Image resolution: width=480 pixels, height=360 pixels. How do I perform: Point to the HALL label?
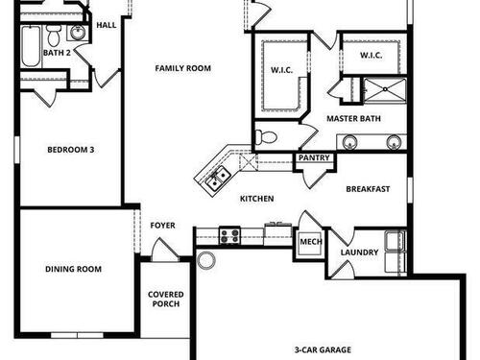(107, 24)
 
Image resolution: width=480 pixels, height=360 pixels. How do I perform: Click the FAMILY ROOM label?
(183, 68)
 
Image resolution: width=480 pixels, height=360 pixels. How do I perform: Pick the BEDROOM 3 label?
(71, 150)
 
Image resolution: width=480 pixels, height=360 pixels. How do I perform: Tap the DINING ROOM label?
(73, 270)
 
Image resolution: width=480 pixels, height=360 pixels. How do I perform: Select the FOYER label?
(163, 226)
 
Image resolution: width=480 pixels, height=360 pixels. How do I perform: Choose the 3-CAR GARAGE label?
(322, 350)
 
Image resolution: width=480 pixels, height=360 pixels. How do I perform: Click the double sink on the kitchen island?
(215, 176)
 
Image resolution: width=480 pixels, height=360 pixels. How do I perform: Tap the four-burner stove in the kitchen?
(229, 233)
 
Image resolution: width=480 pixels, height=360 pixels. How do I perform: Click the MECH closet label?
(310, 242)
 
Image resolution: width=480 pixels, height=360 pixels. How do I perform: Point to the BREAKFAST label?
(368, 189)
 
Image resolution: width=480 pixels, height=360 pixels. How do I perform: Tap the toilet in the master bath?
(268, 137)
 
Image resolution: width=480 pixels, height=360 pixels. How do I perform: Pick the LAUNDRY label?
(358, 252)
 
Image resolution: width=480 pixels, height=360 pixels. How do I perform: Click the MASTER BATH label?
(353, 118)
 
